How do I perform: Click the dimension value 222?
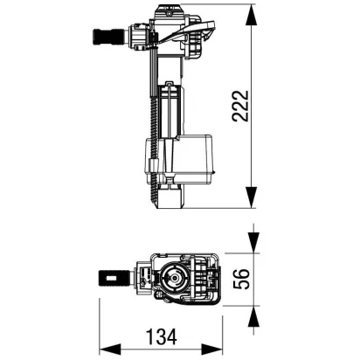tap(240, 106)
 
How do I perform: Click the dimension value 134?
tap(162, 337)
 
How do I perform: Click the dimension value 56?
tap(241, 279)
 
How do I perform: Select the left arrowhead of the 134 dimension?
tap(112, 350)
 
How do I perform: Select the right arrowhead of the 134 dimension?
tap(211, 350)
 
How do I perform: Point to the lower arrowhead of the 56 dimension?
tap(253, 318)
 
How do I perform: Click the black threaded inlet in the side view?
tap(108, 37)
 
